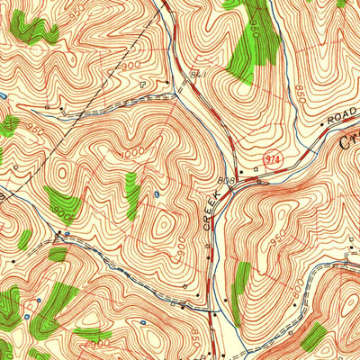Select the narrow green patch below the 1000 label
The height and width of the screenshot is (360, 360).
point(132,193)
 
